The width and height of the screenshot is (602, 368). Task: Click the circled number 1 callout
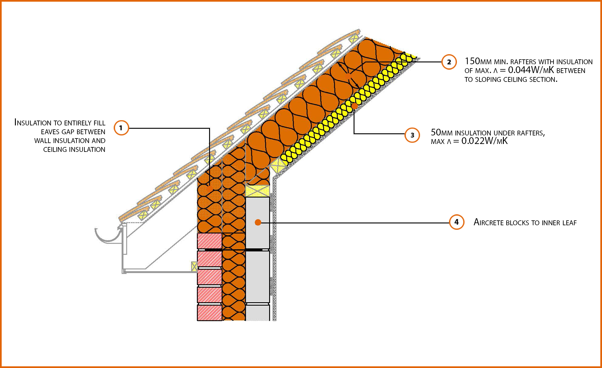point(121,128)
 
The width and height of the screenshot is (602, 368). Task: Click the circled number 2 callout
point(449,62)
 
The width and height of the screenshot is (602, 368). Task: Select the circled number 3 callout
point(412,135)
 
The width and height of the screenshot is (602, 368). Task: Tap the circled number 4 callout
point(456,222)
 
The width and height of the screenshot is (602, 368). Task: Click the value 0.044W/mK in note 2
point(531,71)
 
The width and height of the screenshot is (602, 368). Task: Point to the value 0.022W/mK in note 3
point(484,141)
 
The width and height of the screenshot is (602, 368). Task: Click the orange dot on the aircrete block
point(258,223)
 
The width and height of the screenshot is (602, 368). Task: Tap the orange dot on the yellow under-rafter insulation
point(354,106)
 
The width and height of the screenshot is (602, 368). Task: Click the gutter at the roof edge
point(108,236)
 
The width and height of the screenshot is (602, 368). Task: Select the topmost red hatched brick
point(209,241)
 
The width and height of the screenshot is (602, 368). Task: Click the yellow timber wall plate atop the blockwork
point(257,191)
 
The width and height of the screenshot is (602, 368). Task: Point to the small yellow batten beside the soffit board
point(194,267)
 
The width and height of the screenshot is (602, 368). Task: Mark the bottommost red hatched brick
point(209,313)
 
